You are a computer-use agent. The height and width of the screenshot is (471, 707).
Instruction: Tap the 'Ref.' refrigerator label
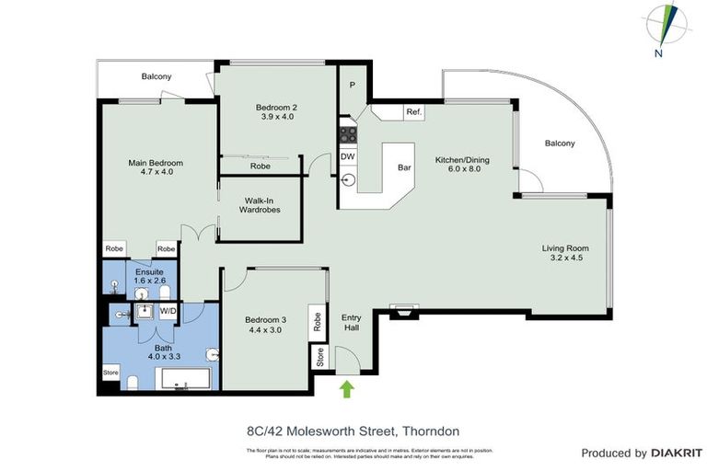413,113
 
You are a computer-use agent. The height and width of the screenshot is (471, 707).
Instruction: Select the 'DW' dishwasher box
347,156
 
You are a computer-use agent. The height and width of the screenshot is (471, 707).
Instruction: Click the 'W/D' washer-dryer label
168,312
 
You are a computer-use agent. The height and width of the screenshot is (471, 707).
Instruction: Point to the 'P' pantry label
353,86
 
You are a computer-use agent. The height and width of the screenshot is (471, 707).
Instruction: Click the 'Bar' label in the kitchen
403,168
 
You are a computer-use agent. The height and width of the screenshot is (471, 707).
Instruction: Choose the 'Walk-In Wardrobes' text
260,204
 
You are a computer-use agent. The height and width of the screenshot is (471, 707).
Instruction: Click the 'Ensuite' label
149,273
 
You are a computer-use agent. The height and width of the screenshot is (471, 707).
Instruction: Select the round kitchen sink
347,180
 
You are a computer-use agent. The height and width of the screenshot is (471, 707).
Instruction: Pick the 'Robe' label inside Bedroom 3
318,321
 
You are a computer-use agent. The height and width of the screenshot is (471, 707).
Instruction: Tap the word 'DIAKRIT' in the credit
679,453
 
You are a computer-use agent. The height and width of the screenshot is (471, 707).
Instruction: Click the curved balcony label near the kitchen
560,143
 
